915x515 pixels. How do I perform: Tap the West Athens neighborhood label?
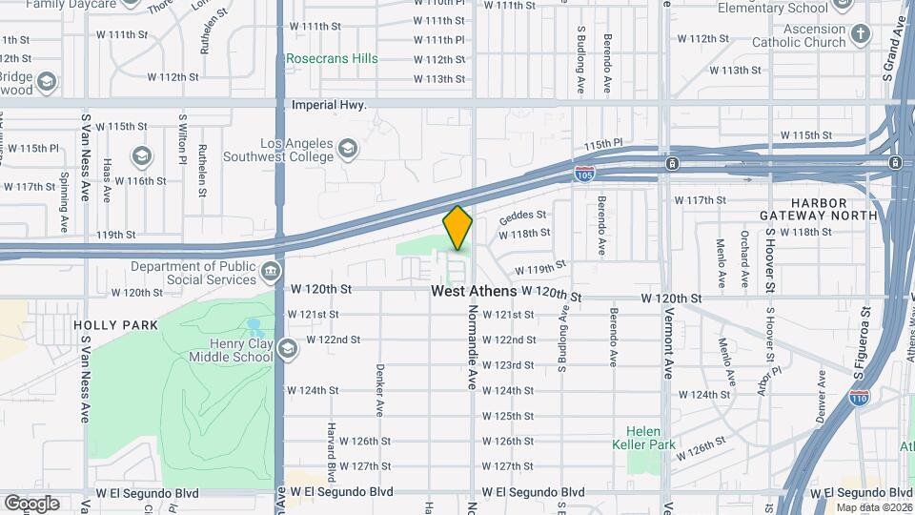pyautogui.click(x=474, y=291)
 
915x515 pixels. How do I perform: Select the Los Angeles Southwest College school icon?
pyautogui.click(x=347, y=150)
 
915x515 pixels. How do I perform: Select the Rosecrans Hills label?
pyautogui.click(x=333, y=58)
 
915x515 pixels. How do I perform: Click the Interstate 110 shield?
pyautogui.click(x=859, y=393)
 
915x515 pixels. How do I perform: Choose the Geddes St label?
pyautogui.click(x=522, y=216)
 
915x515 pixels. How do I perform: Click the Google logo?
pyautogui.click(x=31, y=503)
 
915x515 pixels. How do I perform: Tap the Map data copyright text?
pyautogui.click(x=873, y=507)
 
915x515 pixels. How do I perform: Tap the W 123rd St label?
pyautogui.click(x=507, y=365)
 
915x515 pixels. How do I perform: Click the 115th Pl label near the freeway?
pyautogui.click(x=602, y=144)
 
